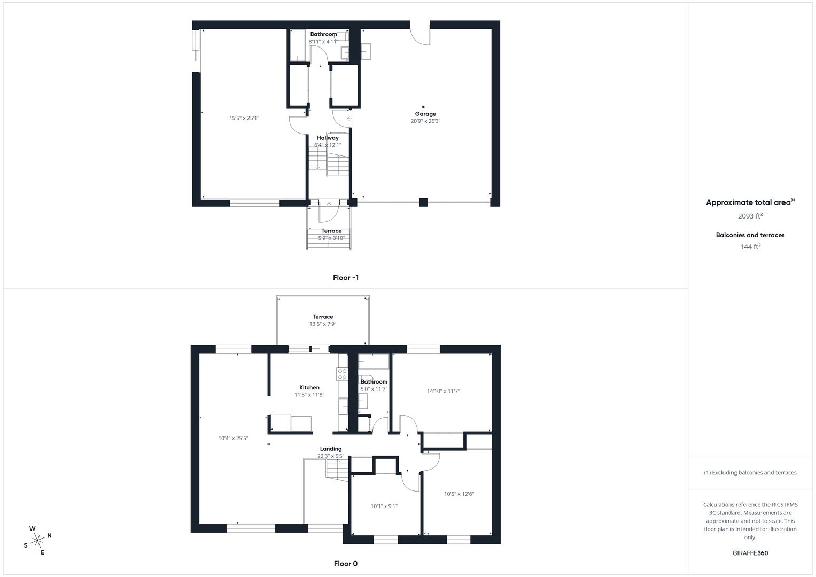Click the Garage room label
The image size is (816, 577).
tap(425, 114)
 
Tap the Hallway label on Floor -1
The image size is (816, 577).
tap(328, 138)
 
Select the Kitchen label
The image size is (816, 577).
tap(309, 387)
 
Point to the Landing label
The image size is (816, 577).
tap(331, 449)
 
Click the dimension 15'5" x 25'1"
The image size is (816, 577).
tap(244, 118)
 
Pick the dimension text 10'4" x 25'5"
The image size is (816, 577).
tap(233, 438)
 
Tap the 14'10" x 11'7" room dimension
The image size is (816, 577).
tap(444, 391)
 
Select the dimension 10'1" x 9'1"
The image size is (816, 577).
tap(384, 506)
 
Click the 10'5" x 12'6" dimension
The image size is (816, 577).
tap(459, 494)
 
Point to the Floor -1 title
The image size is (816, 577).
tap(346, 278)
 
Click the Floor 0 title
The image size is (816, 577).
tap(346, 564)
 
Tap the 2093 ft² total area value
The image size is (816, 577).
tap(750, 216)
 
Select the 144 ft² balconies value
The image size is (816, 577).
tap(750, 247)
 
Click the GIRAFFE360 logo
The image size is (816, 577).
tap(750, 553)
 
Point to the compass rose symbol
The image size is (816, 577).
tap(37, 541)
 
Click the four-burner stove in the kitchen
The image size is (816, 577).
tap(342, 374)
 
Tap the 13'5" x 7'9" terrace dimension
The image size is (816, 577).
tap(323, 324)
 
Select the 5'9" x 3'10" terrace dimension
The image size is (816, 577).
tap(331, 238)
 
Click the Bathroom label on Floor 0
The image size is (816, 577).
tap(374, 382)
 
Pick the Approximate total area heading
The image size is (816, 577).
tap(750, 202)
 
